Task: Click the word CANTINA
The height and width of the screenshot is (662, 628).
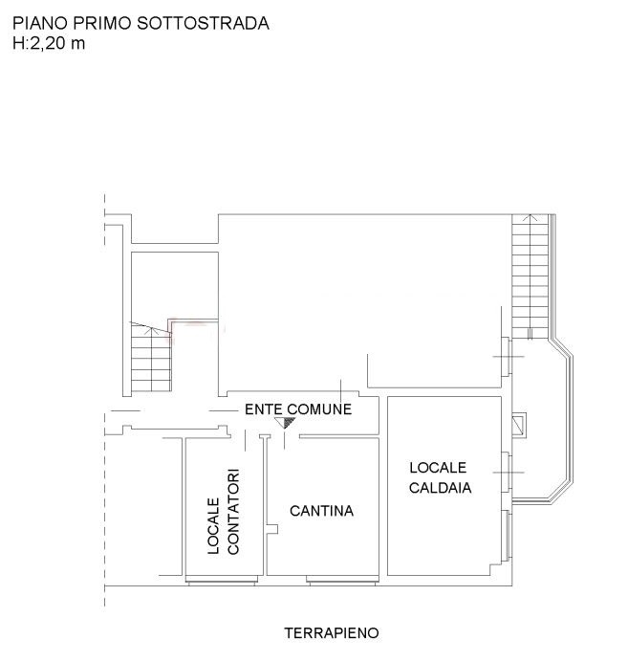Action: click(321, 511)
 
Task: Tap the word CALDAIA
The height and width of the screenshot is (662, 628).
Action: click(440, 488)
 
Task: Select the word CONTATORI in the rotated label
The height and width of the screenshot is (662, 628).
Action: click(233, 511)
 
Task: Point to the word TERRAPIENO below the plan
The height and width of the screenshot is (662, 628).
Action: click(332, 633)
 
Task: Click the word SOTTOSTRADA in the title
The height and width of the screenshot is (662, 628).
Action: click(204, 23)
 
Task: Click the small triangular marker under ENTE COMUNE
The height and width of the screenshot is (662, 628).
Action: click(285, 422)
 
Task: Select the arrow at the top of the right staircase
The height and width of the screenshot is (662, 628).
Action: click(531, 218)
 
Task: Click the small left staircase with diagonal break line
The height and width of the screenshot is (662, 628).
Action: click(151, 358)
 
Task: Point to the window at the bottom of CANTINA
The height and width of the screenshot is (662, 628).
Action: click(341, 581)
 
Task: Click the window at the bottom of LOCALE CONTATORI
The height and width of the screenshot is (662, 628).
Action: click(222, 581)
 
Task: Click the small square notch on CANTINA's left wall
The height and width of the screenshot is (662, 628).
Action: click(272, 529)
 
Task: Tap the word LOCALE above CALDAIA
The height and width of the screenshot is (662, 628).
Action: click(438, 468)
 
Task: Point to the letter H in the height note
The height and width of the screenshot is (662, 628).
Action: click(18, 43)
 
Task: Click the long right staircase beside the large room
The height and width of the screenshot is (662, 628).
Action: click(531, 276)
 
